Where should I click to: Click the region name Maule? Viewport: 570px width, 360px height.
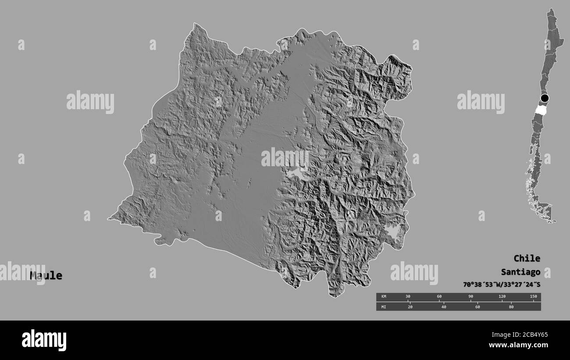[46, 276]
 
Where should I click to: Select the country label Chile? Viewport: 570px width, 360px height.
[527, 258]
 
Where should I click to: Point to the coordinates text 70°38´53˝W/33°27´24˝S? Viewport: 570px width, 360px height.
[502, 284]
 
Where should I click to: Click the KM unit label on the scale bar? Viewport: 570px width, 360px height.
[384, 297]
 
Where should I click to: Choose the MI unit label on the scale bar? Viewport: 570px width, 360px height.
[384, 307]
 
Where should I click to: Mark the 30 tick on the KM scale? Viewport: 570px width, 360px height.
[408, 297]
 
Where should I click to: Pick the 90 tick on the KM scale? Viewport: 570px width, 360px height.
[470, 297]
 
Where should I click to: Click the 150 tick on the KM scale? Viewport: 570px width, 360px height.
[533, 297]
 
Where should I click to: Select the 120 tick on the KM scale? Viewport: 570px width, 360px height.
[502, 297]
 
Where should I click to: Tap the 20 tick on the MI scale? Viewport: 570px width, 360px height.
[410, 307]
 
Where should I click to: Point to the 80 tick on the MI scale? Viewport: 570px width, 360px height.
[511, 307]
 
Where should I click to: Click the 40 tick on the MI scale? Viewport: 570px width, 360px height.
[444, 307]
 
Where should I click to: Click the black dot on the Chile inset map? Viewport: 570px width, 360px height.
[545, 98]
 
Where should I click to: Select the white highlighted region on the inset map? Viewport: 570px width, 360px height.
[542, 109]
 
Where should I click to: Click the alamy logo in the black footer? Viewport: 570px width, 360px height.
[44, 340]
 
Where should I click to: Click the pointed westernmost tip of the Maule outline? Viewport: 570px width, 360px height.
[108, 218]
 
